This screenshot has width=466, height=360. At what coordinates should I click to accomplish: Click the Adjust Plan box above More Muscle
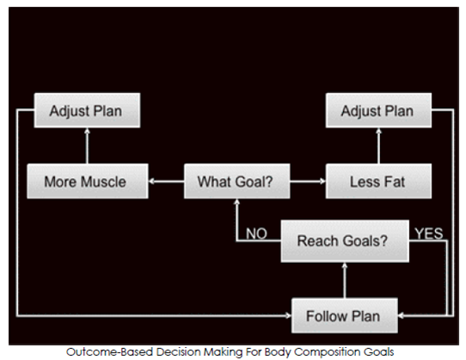tap(87, 111)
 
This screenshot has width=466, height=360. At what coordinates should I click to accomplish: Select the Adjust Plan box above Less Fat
tap(378, 111)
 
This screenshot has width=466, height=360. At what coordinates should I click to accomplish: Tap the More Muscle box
tap(88, 181)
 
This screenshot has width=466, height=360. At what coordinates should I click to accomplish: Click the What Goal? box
tap(236, 181)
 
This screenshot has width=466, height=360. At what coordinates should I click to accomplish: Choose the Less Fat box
tap(378, 181)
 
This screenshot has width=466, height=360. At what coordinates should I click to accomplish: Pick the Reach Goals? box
tap(345, 241)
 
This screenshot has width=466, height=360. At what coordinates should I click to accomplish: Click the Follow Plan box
tap(345, 315)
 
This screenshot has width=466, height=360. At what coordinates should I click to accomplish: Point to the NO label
tap(256, 234)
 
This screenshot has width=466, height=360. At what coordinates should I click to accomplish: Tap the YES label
tap(429, 233)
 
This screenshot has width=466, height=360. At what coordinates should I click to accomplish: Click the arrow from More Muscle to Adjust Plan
tap(87, 146)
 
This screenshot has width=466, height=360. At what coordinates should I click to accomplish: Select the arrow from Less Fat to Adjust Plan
tap(378, 146)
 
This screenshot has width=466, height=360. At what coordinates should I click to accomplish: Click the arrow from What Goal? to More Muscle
tap(166, 181)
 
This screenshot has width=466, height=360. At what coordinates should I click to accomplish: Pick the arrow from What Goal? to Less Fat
tap(308, 181)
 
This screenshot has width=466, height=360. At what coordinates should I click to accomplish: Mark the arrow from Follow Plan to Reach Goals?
tap(345, 280)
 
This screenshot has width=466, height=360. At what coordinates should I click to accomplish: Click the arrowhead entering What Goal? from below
tap(236, 202)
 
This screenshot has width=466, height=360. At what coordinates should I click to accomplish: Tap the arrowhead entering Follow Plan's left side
tap(288, 315)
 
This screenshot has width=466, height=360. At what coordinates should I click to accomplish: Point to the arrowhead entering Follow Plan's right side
tap(402, 315)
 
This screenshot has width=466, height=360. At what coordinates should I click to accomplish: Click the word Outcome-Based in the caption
tap(110, 352)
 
